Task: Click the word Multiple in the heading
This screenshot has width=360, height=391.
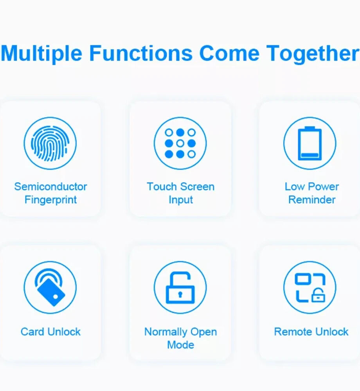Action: [41, 54]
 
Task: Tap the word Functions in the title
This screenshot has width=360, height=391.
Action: [141, 53]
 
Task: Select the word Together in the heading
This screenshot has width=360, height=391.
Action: [313, 54]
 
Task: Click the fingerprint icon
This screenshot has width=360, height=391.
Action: [50, 143]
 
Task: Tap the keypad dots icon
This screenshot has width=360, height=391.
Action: [180, 143]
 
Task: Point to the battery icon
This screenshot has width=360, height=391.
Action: [310, 143]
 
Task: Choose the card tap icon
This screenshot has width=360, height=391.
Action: [50, 287]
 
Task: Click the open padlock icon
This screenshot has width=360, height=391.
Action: [180, 287]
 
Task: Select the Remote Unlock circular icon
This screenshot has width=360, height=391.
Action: [310, 287]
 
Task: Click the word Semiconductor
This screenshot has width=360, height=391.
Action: [50, 187]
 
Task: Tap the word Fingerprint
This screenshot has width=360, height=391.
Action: [50, 200]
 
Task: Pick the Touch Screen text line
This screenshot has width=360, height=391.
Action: [181, 187]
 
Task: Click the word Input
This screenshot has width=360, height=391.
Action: [181, 200]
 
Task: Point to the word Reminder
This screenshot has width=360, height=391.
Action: [312, 200]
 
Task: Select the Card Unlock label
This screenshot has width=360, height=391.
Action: [50, 332]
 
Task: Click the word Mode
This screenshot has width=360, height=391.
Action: [181, 345]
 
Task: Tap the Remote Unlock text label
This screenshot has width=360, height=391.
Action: [311, 332]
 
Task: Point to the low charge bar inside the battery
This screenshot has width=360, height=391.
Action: [310, 155]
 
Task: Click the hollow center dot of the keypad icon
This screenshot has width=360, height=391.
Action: [180, 143]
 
